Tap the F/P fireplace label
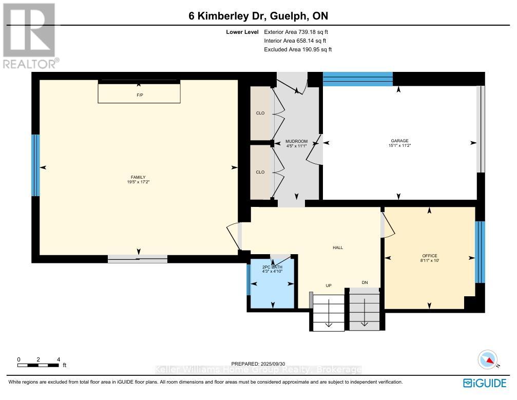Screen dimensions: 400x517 point(139,95)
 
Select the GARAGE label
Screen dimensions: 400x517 point(398,141)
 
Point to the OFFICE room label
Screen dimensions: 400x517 point(429,255)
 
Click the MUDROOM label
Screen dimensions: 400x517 point(296,141)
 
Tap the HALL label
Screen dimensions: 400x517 point(337,247)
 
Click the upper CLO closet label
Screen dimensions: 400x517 point(260,113)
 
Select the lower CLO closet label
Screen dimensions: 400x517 point(260,172)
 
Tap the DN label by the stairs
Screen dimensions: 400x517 point(365,282)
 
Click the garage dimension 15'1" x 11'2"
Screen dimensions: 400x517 point(398,145)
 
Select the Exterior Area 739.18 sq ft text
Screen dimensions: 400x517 point(295,31)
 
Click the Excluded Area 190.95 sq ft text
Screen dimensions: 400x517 point(298,49)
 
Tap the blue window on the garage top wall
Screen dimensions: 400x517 point(357,79)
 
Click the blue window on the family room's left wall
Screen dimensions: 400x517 point(35,165)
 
